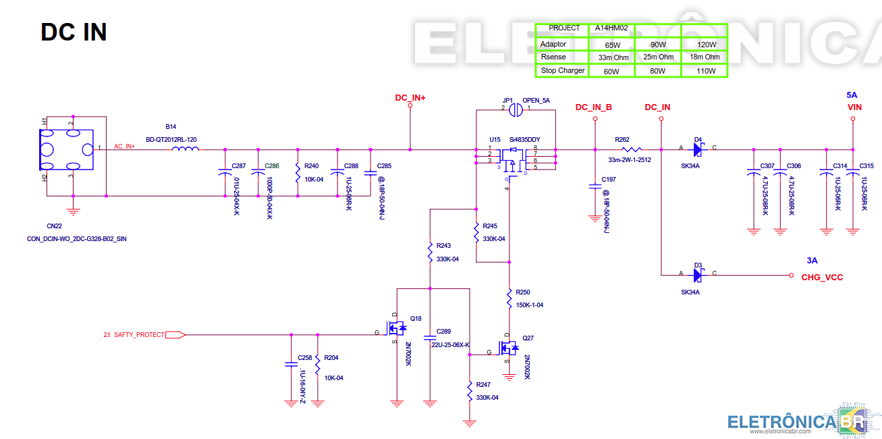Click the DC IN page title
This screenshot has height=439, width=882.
click(74, 32)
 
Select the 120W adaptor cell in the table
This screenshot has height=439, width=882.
click(706, 45)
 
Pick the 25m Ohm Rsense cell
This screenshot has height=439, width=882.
click(658, 57)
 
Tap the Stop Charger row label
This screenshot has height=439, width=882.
click(562, 71)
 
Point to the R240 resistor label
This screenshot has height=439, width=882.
click(311, 166)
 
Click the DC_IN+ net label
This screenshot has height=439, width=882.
click(410, 98)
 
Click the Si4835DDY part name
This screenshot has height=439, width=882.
click(526, 139)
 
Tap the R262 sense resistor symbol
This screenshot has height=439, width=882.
click(630, 149)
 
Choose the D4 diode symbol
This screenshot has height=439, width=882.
click(698, 149)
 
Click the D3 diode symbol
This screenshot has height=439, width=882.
click(698, 275)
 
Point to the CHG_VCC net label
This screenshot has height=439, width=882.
click(822, 278)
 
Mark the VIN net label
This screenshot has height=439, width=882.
click(854, 107)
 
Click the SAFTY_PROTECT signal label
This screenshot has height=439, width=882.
click(138, 335)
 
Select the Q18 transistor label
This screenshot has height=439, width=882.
click(416, 319)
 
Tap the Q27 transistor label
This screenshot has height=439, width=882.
click(528, 337)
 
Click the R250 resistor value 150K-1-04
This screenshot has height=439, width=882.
click(529, 305)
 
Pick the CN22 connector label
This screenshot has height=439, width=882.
click(54, 226)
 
